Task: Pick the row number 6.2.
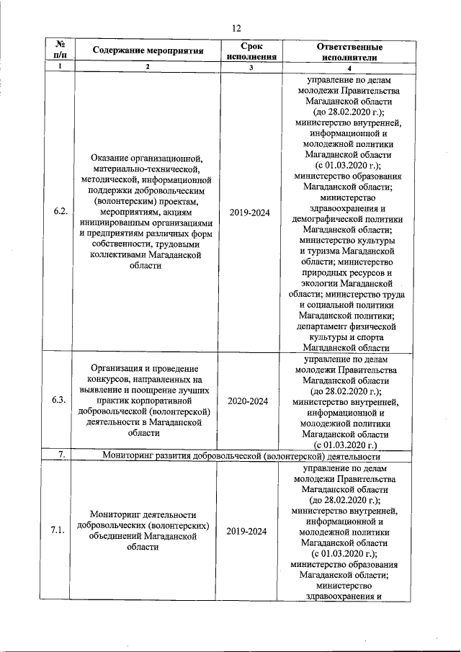(x=61, y=213)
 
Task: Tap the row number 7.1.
(x=61, y=531)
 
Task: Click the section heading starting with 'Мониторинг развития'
(x=241, y=455)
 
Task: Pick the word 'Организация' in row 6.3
(x=117, y=368)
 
